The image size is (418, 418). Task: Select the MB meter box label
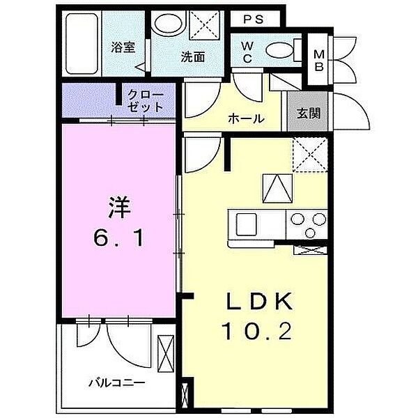pyautogui.click(x=318, y=60)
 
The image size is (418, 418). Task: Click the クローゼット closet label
pyautogui.click(x=145, y=102)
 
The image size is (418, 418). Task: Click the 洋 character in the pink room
pyautogui.click(x=118, y=207)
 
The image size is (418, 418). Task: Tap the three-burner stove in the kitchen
pyautogui.click(x=306, y=224)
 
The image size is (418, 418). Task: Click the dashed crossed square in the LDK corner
pyautogui.click(x=309, y=155)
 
